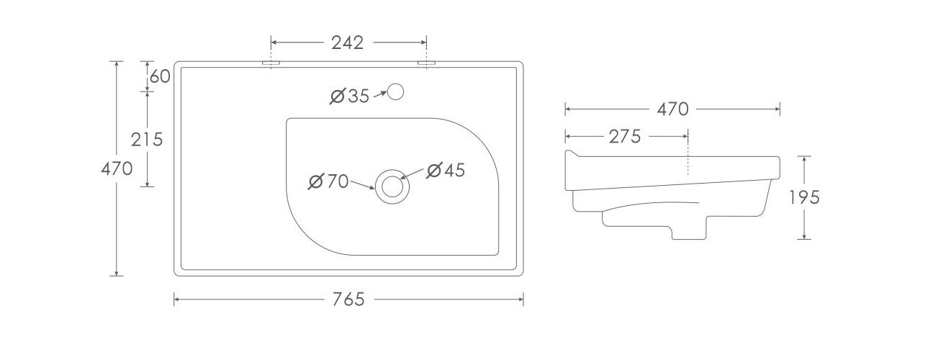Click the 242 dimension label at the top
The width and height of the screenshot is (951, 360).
(347, 43)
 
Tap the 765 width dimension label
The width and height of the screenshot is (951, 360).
(348, 300)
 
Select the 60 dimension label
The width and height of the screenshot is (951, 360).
(160, 76)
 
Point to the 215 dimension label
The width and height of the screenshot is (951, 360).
(146, 140)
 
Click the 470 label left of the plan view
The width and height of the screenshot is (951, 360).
(117, 169)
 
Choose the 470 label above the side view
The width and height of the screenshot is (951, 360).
(673, 109)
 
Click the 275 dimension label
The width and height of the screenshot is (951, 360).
(624, 137)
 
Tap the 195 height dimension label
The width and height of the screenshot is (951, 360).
(804, 197)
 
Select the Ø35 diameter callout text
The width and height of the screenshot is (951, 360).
(349, 96)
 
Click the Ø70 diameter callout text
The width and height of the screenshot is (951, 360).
(328, 181)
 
